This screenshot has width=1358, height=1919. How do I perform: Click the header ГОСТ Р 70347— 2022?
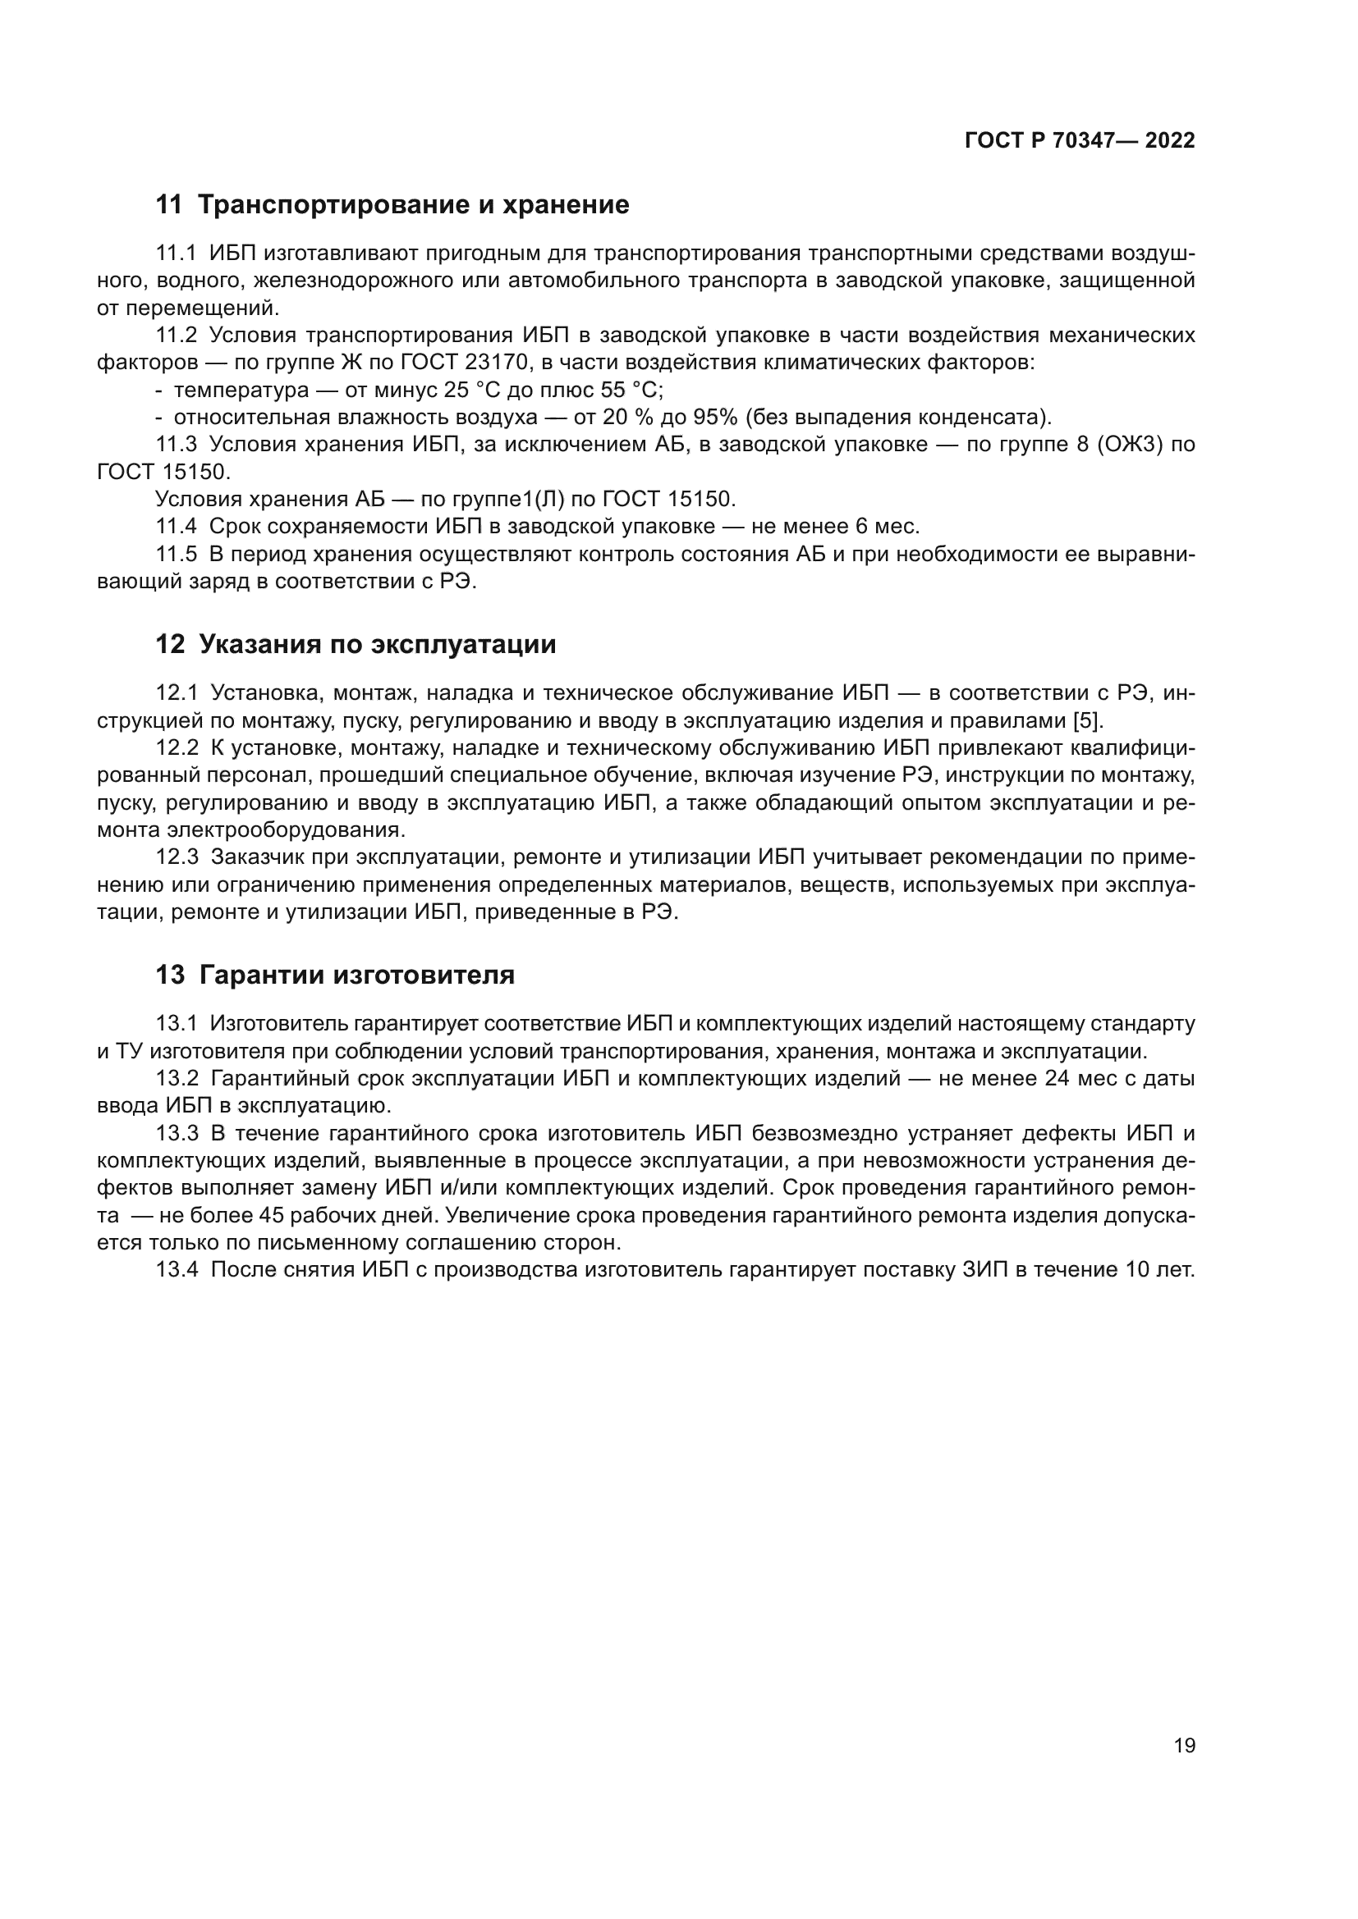click(x=1080, y=140)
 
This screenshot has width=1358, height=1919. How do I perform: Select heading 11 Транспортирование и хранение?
click(x=392, y=205)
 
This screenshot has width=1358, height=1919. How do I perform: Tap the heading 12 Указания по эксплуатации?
click(x=356, y=644)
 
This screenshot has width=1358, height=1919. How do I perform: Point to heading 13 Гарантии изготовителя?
click(x=334, y=975)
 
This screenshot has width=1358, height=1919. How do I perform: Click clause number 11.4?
click(x=177, y=527)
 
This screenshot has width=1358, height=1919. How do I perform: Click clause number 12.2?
click(x=177, y=748)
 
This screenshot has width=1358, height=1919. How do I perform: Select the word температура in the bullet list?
click(x=241, y=391)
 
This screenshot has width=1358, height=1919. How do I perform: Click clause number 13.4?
click(x=177, y=1269)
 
